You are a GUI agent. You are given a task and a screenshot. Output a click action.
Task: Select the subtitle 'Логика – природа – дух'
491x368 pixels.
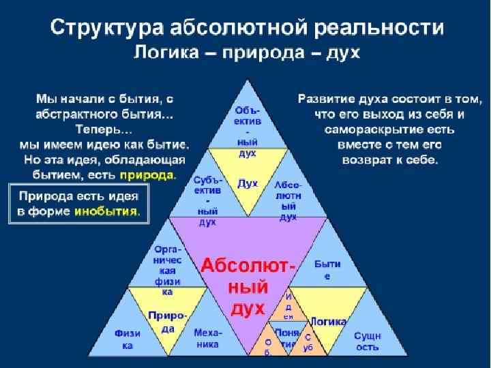[246, 52]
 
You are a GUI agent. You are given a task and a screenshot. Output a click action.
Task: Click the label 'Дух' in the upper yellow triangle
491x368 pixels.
[247, 183]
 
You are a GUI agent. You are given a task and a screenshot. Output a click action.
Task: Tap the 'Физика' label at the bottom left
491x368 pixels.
[128, 339]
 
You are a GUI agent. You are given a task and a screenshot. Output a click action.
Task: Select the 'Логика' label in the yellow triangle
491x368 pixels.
[328, 321]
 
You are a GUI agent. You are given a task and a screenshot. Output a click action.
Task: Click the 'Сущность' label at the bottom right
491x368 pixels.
[367, 341]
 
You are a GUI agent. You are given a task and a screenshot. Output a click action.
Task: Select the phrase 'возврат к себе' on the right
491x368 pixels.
[389, 159]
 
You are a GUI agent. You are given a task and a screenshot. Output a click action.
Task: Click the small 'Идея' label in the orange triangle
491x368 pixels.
[289, 307]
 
